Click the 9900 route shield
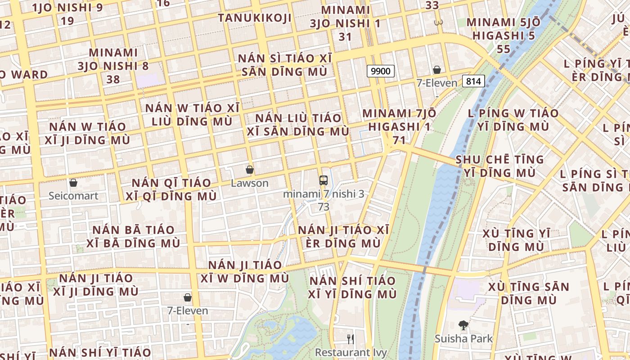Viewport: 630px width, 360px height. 381,71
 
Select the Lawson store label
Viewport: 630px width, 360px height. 249,183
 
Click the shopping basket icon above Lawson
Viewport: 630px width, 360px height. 250,170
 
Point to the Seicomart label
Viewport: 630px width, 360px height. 73,196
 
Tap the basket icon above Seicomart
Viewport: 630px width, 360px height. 73,183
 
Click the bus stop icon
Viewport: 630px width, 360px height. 323,180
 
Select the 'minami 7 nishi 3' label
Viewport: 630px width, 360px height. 324,194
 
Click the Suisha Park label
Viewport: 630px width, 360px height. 463,338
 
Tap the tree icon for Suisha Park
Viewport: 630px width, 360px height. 463,325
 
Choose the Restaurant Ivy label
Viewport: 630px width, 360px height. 351,352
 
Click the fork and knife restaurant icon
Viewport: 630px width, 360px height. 351,339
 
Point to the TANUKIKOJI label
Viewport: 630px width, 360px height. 255,18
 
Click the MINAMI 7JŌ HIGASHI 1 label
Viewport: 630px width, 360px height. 399,120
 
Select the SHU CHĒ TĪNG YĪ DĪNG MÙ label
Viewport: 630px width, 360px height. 499,166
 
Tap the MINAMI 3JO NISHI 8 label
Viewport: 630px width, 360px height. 113,66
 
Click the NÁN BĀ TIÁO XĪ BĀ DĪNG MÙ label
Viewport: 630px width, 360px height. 133,236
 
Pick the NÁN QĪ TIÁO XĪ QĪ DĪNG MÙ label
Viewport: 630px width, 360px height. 171,189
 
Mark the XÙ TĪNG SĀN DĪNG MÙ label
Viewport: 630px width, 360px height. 529,293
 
